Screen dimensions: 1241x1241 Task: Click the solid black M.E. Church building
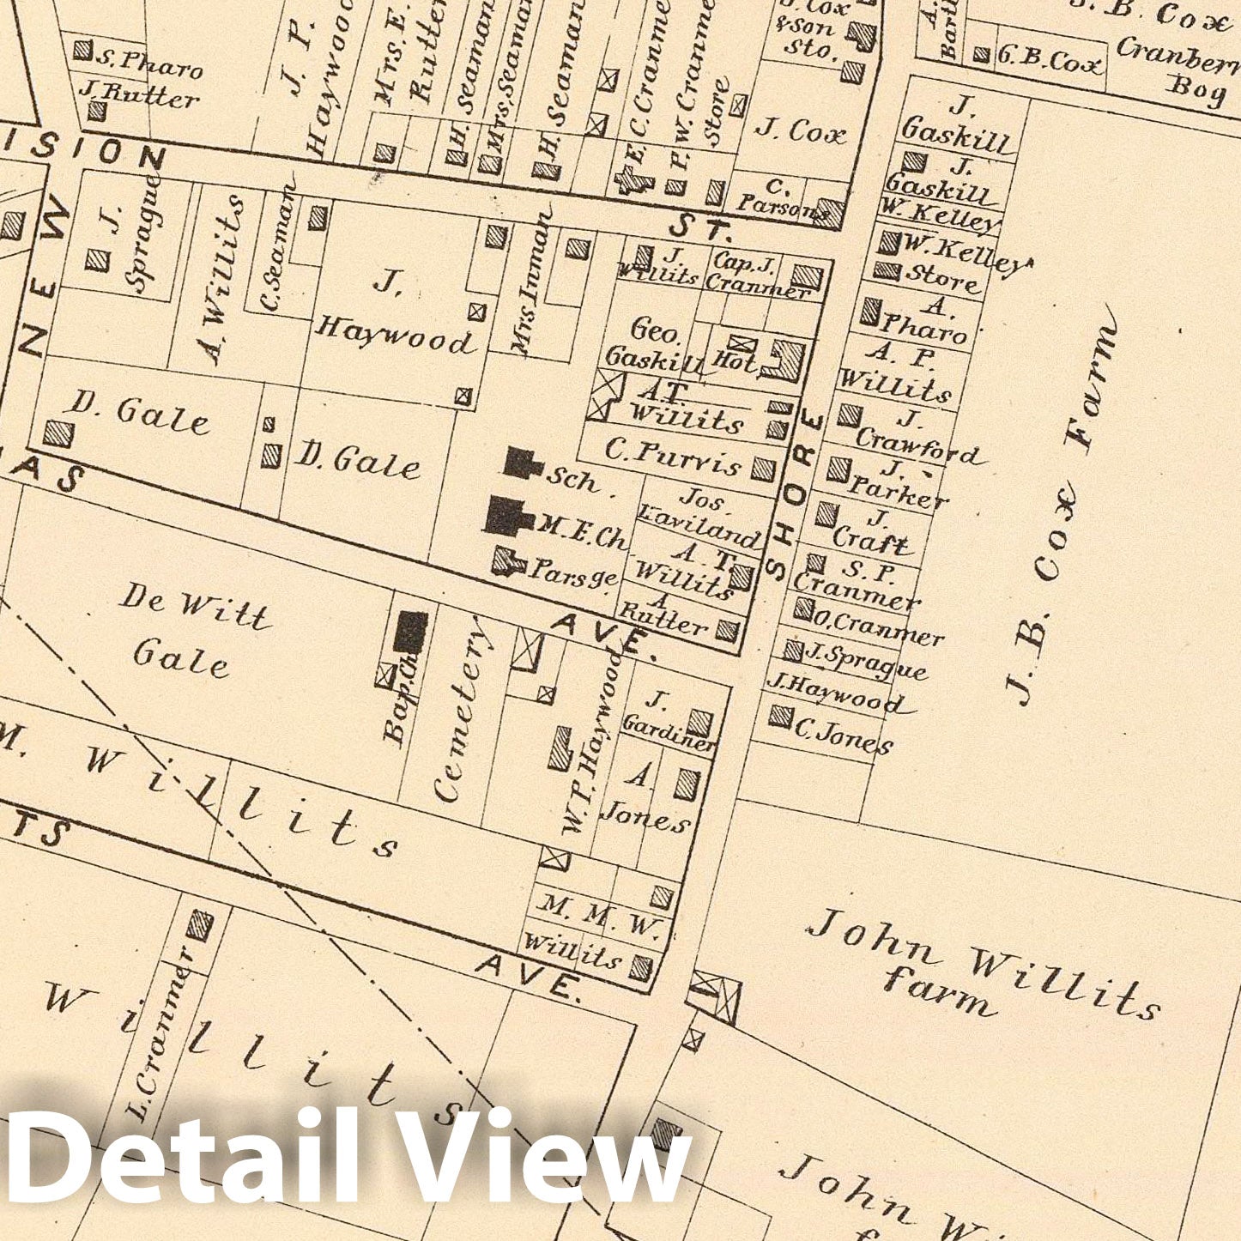coord(506,516)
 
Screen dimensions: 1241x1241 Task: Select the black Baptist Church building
coord(410,632)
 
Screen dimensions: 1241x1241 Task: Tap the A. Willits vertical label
coord(222,279)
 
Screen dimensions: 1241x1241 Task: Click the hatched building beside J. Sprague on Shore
coord(793,650)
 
